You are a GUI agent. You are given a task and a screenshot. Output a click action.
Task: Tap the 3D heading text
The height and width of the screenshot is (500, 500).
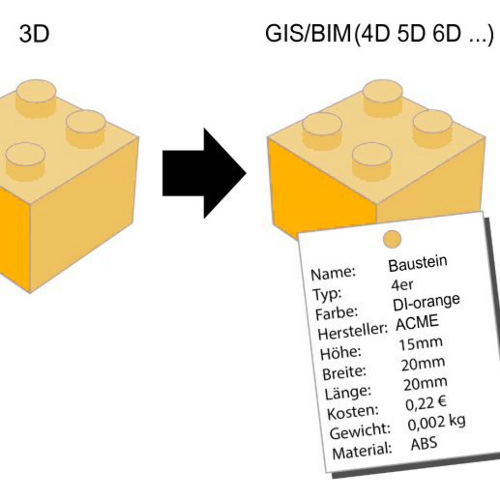click(x=34, y=34)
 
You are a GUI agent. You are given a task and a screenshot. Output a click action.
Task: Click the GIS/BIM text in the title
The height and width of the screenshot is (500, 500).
click(x=308, y=34)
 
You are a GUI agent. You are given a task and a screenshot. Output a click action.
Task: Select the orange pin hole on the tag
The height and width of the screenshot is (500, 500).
click(x=392, y=239)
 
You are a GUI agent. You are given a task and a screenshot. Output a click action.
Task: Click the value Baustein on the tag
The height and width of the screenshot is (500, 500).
click(x=418, y=263)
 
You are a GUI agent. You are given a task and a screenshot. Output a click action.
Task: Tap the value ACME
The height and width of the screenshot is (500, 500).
click(x=417, y=322)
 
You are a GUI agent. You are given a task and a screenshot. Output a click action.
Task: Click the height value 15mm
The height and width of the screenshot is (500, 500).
click(x=421, y=344)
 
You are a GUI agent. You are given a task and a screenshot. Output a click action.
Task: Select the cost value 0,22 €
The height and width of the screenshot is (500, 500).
click(x=426, y=404)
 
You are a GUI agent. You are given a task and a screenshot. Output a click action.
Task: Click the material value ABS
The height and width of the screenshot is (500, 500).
click(x=424, y=444)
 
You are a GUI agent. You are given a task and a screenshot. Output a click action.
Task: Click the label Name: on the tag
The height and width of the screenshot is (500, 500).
click(x=333, y=273)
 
